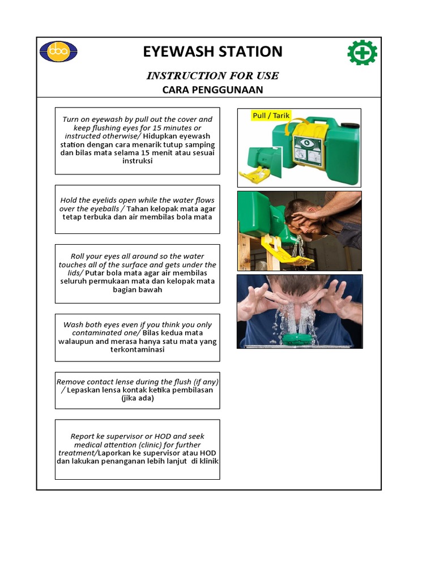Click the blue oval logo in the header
58,52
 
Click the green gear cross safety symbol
362,53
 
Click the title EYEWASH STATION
212,52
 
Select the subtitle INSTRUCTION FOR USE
212,76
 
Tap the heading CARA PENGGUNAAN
212,90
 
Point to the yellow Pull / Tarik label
271,116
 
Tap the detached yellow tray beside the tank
258,174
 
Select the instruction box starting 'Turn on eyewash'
138,140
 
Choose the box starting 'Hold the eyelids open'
138,209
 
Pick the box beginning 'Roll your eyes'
138,274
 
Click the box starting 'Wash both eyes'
138,338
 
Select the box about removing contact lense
138,390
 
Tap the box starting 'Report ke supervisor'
138,449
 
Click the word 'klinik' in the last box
207,461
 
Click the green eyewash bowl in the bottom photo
298,339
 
